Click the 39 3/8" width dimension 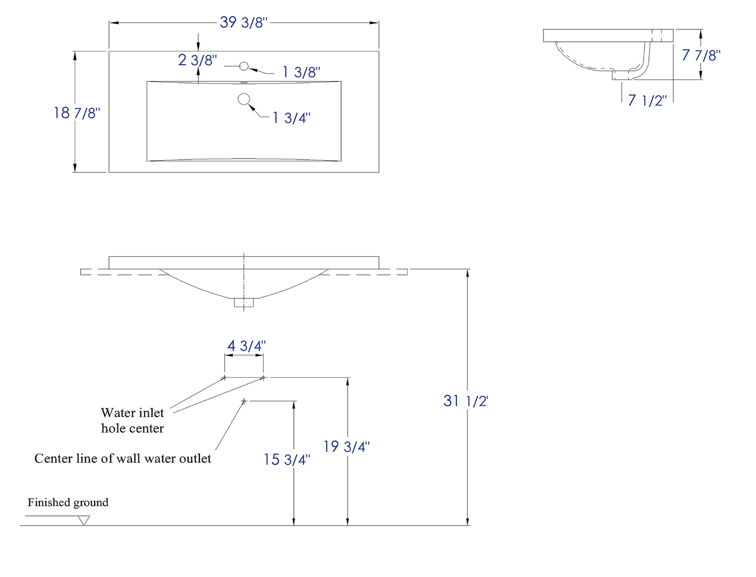244,23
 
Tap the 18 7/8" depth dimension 77,113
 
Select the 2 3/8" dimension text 197,60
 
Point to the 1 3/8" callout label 301,72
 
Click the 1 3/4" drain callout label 291,118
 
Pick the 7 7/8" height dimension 701,55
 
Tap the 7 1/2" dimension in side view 647,101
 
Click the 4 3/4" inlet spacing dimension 246,345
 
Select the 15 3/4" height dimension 287,460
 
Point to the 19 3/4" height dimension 346,446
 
